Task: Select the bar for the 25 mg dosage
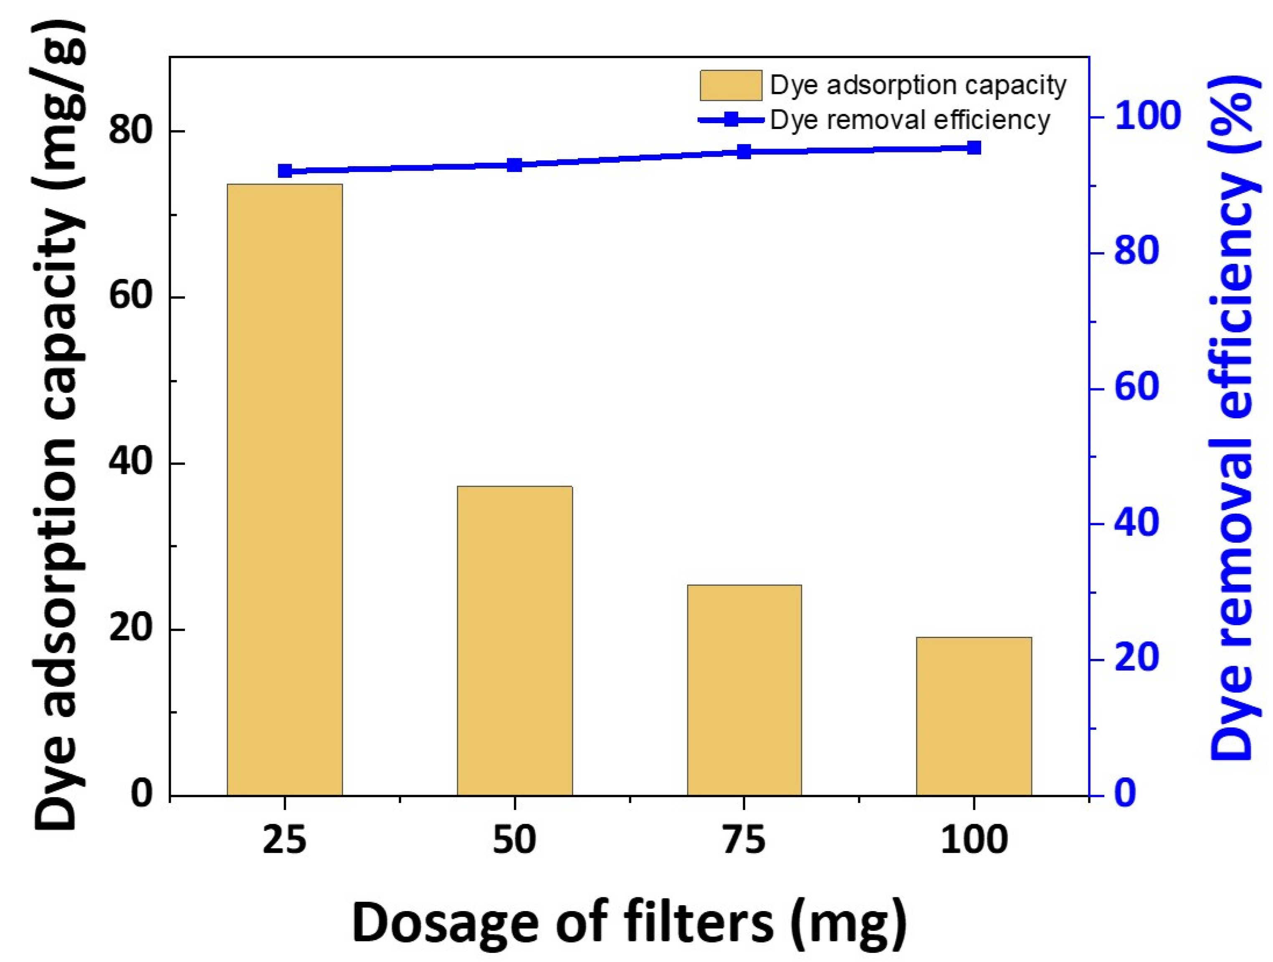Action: [x=284, y=489]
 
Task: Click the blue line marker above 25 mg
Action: [x=284, y=171]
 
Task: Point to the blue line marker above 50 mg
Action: [x=514, y=165]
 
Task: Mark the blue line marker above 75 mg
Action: [x=744, y=152]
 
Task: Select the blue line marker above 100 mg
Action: [x=974, y=148]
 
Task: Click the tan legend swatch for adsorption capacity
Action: [x=730, y=86]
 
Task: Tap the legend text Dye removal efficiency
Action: [x=910, y=120]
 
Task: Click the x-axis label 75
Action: [x=744, y=840]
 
